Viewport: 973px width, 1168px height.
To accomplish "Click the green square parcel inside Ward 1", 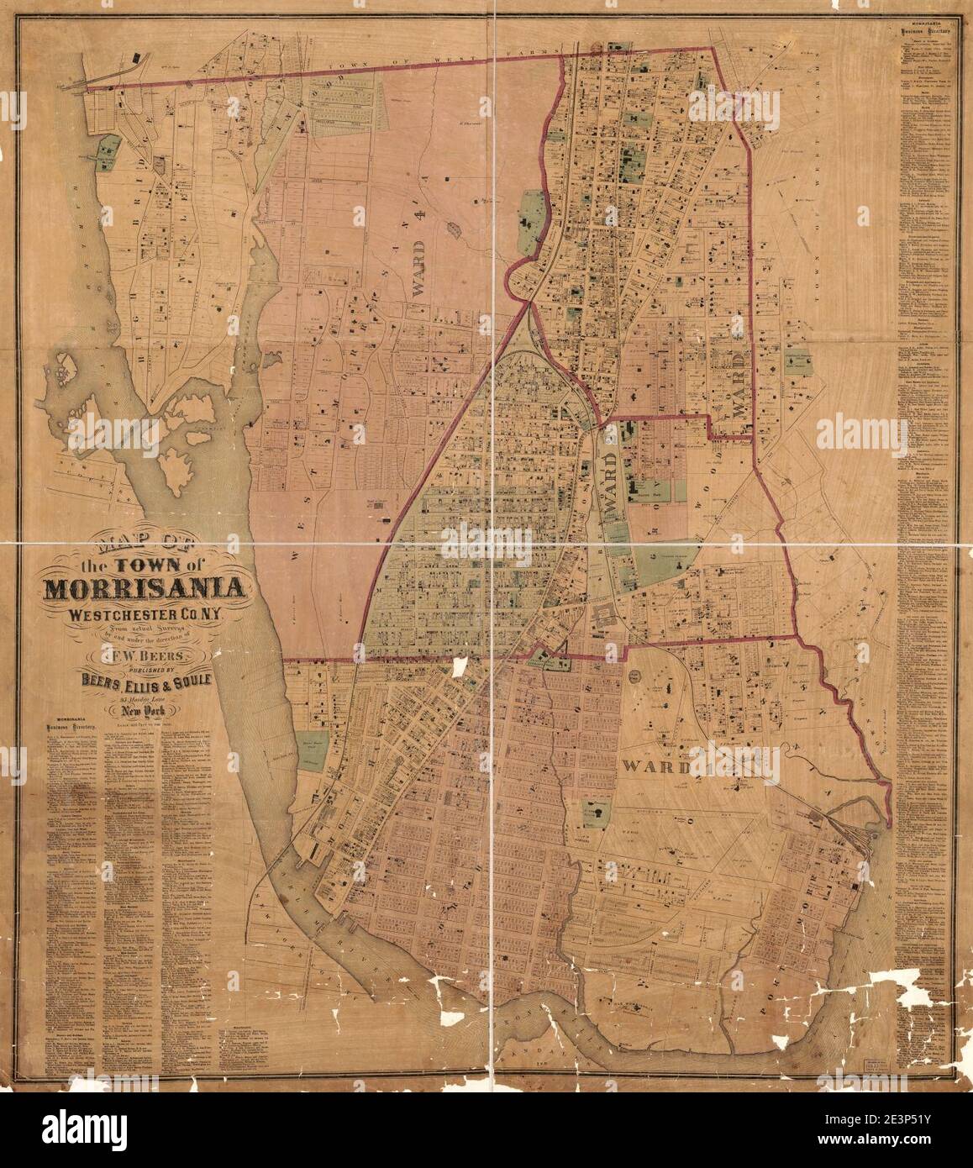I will (x=595, y=813).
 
